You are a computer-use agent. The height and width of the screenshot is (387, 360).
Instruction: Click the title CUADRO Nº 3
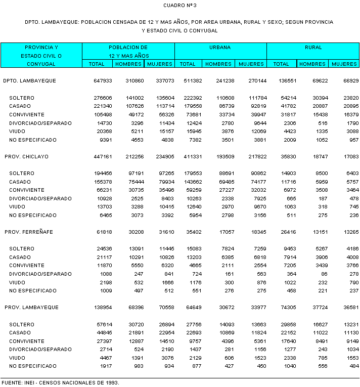tap(180, 5)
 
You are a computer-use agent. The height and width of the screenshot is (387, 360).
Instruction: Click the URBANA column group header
tap(220, 47)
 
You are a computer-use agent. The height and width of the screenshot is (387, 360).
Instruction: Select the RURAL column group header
tap(313, 47)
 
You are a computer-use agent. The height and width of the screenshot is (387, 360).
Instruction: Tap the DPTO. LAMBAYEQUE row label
tap(29, 81)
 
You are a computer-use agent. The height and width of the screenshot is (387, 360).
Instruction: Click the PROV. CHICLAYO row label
tap(26, 157)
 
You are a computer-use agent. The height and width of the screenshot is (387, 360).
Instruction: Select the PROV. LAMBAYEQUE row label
tap(31, 308)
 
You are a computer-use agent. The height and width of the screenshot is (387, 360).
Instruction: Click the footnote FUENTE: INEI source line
tap(60, 382)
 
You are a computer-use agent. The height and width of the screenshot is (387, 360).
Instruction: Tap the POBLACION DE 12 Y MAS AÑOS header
tap(128, 51)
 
